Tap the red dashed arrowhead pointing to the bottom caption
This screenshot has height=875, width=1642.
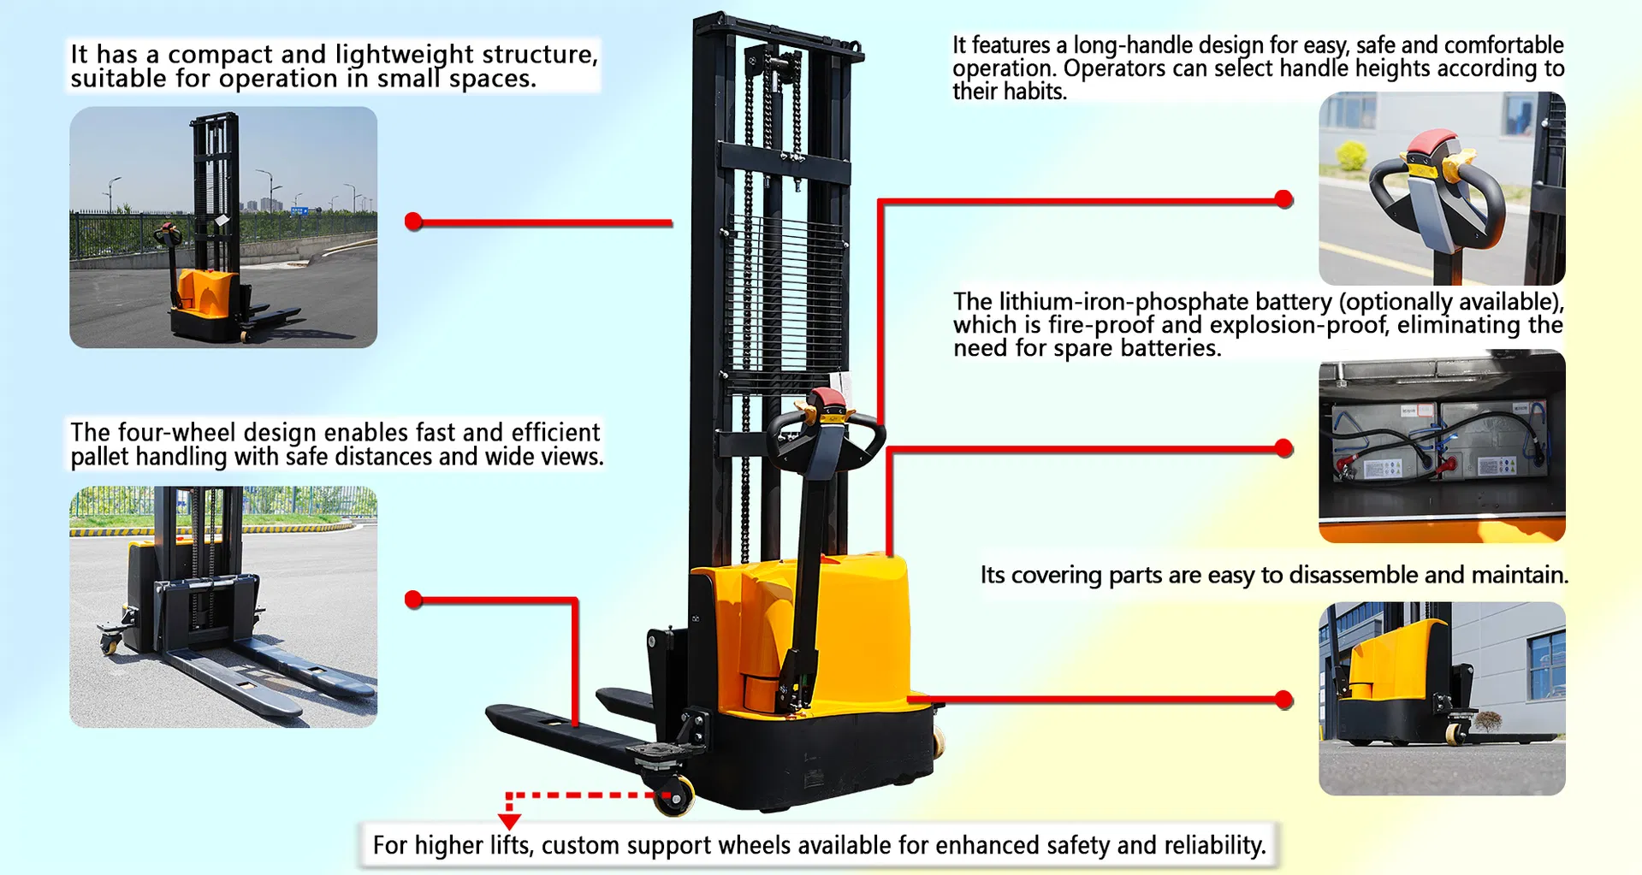(509, 821)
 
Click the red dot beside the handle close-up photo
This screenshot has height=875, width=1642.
(1283, 199)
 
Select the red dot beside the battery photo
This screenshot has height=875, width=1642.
(1283, 448)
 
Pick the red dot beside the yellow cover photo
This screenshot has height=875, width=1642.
(1283, 700)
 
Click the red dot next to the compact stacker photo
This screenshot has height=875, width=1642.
(414, 222)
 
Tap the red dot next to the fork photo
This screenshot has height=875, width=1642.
(414, 600)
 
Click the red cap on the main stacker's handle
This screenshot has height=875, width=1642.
(827, 399)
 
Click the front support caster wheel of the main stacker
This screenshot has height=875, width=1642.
(676, 797)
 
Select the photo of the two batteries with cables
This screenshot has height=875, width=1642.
(1442, 446)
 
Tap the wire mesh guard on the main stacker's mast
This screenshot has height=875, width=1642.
(783, 291)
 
